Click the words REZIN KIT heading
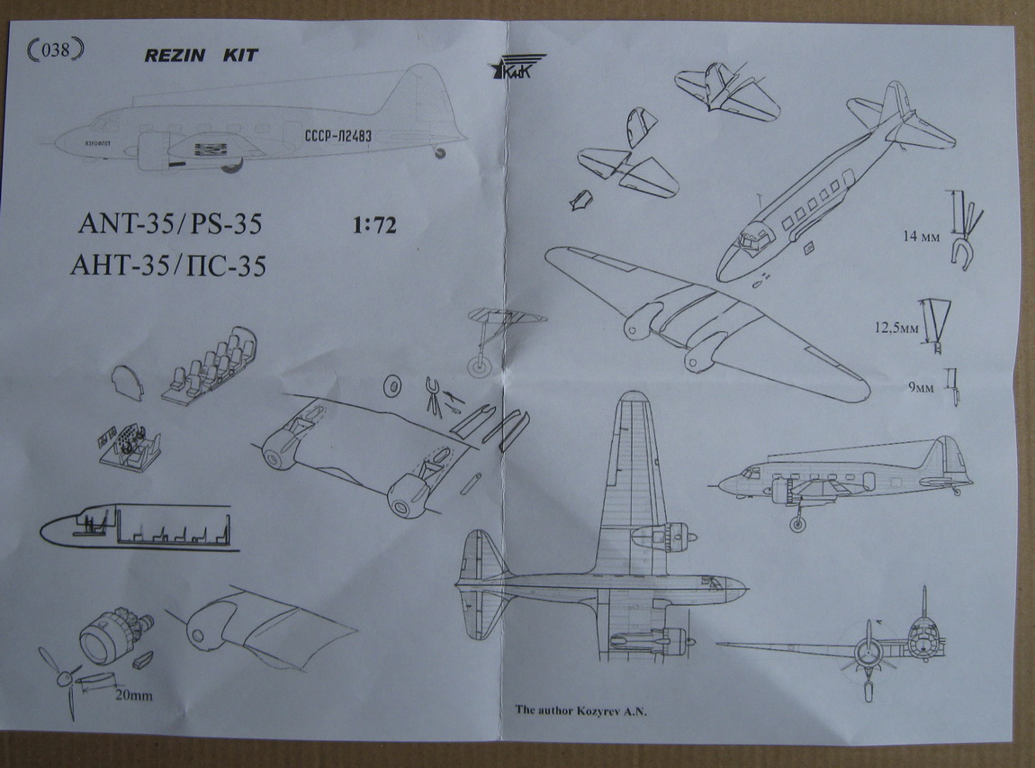[x=201, y=56]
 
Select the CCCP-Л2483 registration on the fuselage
[x=337, y=136]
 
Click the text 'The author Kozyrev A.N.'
[x=581, y=709]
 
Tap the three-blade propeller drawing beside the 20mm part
[x=61, y=679]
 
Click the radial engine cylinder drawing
[x=112, y=631]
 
